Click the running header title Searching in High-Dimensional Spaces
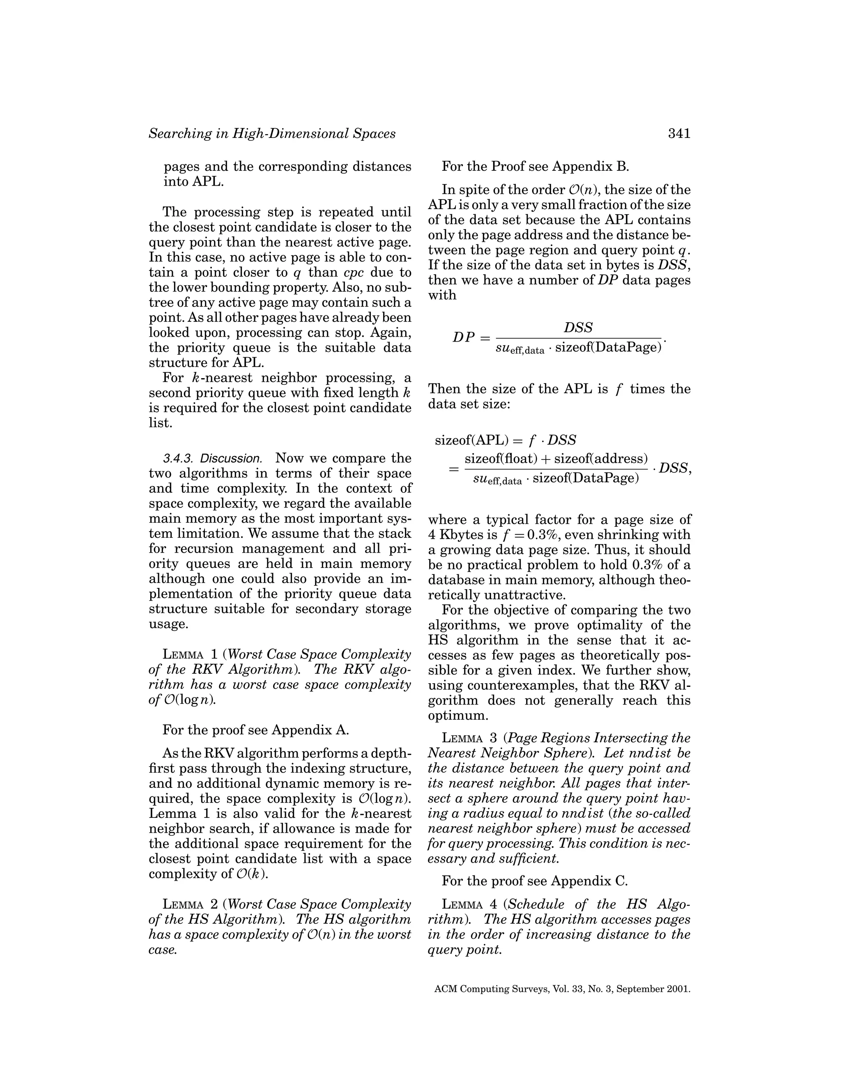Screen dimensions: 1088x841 pyautogui.click(x=272, y=133)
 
